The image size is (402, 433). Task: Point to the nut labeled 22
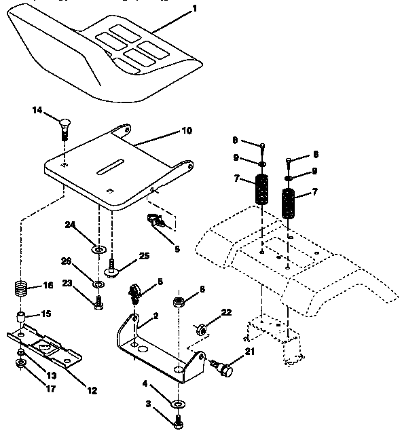pyautogui.click(x=202, y=329)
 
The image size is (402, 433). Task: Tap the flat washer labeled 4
pyautogui.click(x=177, y=404)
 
